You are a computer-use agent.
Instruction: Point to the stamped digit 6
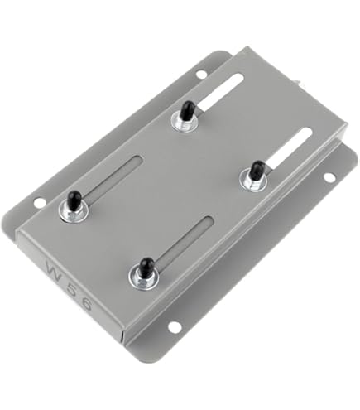tap(101, 308)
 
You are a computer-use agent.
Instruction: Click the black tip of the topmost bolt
tap(187, 109)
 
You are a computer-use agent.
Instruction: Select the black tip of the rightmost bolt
tap(257, 170)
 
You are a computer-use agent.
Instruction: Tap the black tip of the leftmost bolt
tap(74, 200)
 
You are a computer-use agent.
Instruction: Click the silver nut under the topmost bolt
tap(185, 122)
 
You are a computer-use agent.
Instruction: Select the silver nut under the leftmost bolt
tap(72, 212)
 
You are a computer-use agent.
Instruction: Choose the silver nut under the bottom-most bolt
tap(144, 277)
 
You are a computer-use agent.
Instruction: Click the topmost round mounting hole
tap(201, 74)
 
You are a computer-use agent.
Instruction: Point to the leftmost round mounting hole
tap(40, 202)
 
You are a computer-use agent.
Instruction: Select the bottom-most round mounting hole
tap(175, 326)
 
